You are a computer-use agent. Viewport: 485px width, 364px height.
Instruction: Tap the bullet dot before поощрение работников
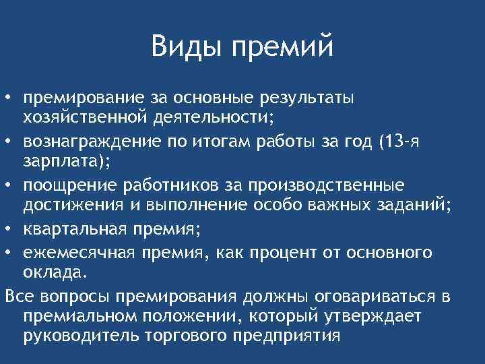click(7, 185)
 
